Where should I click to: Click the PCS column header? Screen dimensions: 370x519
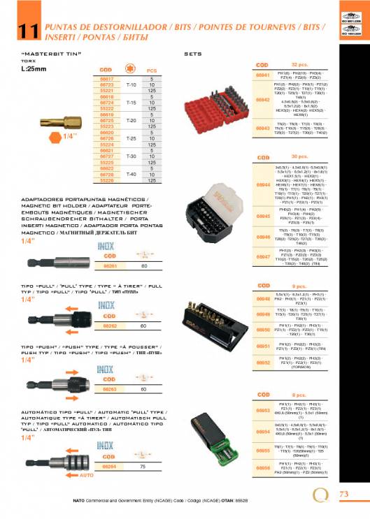(152, 71)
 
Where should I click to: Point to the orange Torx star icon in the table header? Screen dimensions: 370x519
(131, 71)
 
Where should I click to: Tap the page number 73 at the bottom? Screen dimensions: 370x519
(343, 494)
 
